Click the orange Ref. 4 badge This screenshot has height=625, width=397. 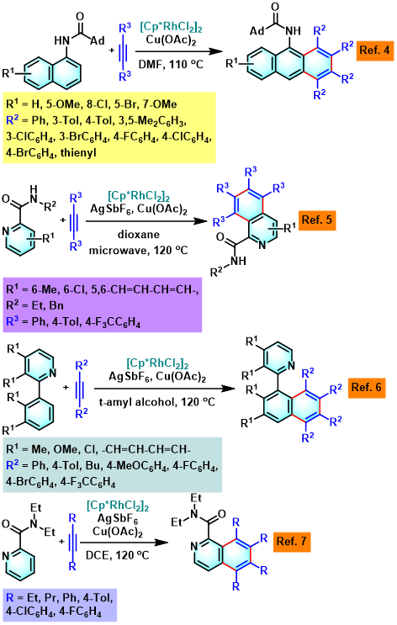[x=374, y=50]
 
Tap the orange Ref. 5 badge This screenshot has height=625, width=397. [x=317, y=220]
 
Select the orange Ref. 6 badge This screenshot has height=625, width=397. [x=367, y=388]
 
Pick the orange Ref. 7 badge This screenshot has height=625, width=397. [x=292, y=541]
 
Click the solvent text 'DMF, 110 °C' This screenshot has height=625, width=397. [x=171, y=64]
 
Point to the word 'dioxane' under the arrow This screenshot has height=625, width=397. [x=139, y=235]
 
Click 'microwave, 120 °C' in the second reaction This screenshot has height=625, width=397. [x=138, y=251]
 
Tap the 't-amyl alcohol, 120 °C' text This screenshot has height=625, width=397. [x=156, y=402]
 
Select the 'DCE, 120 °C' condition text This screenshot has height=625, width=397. [x=117, y=555]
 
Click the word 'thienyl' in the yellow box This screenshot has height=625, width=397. [x=78, y=152]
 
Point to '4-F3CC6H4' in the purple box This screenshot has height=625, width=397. [x=113, y=321]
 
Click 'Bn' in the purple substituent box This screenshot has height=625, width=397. [x=56, y=305]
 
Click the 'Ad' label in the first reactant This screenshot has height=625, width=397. [x=98, y=40]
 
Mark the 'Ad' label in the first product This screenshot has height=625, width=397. [x=257, y=30]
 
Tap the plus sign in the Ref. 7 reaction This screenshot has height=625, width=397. [x=61, y=541]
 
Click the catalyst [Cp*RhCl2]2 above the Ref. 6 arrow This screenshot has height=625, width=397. [x=157, y=363]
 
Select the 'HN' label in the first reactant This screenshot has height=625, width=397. [x=61, y=40]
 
